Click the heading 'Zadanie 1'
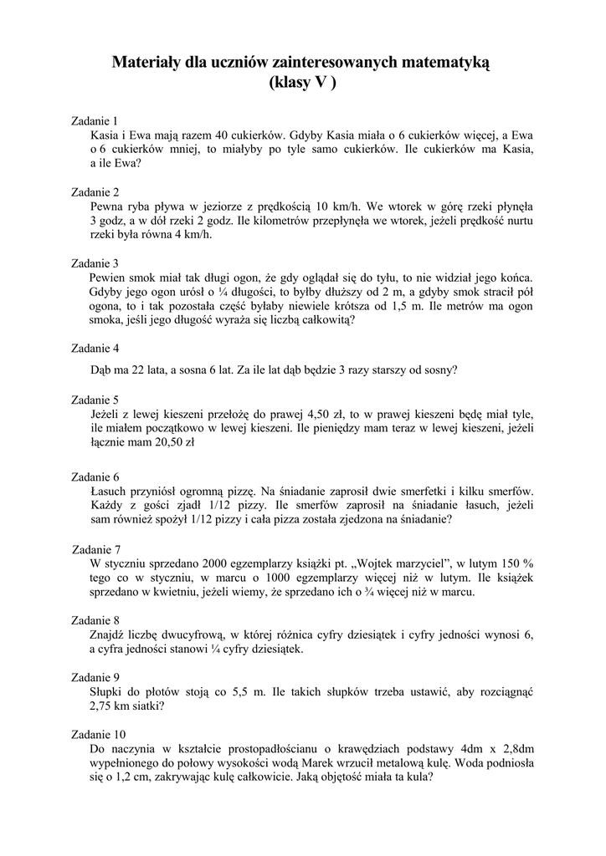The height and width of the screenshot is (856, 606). coord(96,120)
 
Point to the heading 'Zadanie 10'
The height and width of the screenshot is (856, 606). coord(100,733)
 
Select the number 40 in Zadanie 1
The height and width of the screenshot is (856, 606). coord(223,135)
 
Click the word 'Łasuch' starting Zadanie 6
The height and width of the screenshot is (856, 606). coord(109,491)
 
